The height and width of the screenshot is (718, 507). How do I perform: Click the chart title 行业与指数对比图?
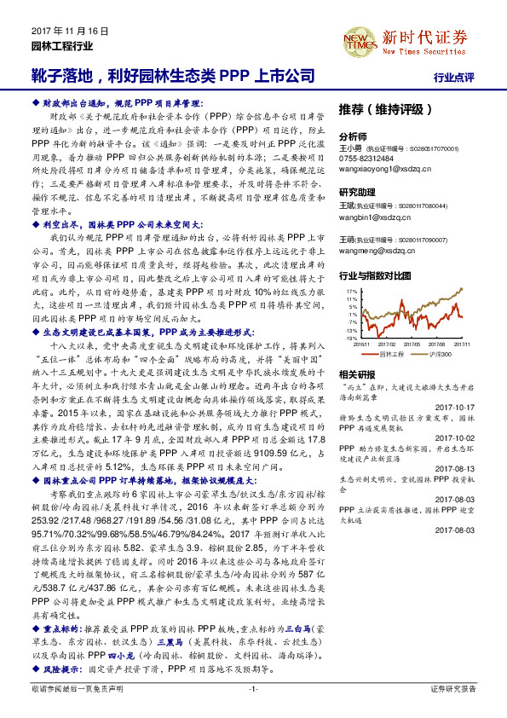(x=375, y=276)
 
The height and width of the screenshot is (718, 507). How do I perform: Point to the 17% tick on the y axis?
(x=351, y=292)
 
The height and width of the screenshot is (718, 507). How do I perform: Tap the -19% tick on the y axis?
(x=351, y=339)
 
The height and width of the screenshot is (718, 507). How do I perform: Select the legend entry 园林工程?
(x=395, y=352)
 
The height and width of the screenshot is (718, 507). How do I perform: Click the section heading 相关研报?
(x=357, y=373)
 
